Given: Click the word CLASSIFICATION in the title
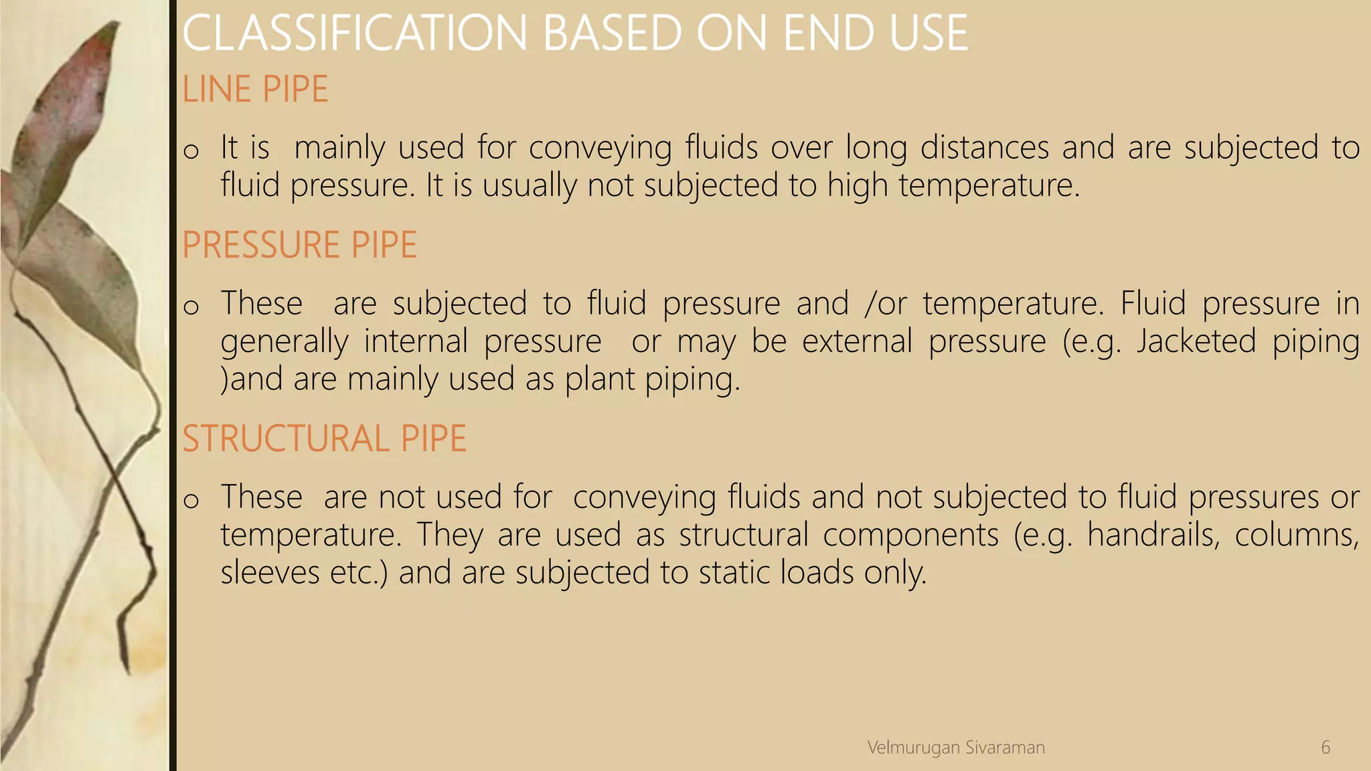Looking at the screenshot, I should [x=355, y=33].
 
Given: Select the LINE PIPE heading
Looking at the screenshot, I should [x=255, y=89].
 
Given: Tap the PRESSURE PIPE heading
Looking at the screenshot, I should [x=299, y=244].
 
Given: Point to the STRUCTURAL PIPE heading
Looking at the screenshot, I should [x=324, y=439].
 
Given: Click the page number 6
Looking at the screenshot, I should [x=1325, y=748].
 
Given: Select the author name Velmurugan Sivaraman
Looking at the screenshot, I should [x=956, y=748].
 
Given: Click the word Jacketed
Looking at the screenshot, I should [x=1196, y=341].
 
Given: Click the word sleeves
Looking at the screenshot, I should [x=270, y=573].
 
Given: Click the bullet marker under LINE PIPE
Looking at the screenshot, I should [x=191, y=151].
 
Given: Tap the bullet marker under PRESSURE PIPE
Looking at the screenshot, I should [x=191, y=307].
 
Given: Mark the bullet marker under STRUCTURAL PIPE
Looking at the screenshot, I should [x=191, y=501].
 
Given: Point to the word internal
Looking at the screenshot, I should [x=416, y=341].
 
